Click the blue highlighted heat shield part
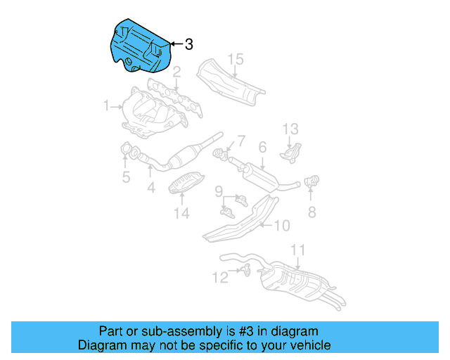point(141,46)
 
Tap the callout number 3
point(188,44)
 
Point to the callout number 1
point(106,106)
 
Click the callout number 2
point(177,72)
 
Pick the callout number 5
point(126,177)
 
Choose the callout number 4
point(150,188)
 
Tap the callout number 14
point(181,213)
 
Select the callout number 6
point(262,148)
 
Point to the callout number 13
point(291,129)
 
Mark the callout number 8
point(311,211)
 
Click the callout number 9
point(219,191)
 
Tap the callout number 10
point(281,226)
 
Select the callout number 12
point(220,278)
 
